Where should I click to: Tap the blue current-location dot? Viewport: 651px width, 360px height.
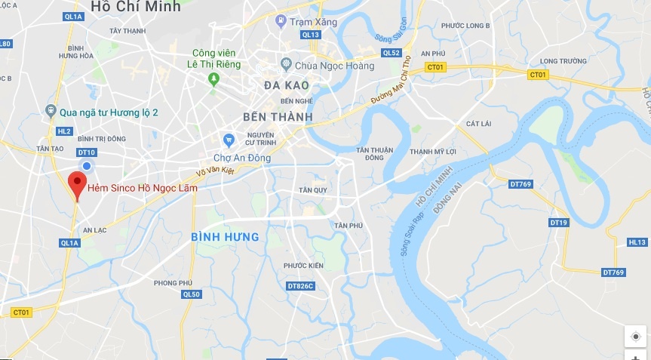(88, 165)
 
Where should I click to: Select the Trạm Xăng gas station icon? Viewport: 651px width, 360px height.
(281, 21)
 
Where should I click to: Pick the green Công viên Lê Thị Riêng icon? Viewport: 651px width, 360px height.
(214, 78)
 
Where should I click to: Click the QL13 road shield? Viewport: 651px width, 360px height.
(310, 35)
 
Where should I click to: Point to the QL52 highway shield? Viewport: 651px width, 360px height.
(392, 53)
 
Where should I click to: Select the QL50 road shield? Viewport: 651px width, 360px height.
(192, 294)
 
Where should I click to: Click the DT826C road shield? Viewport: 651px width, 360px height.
(300, 286)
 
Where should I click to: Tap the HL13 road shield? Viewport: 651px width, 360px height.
(637, 242)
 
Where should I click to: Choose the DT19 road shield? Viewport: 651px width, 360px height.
(559, 223)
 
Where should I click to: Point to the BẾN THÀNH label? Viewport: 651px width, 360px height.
(278, 117)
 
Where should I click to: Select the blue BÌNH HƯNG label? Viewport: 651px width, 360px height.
(225, 237)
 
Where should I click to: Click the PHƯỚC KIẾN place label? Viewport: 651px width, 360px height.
(303, 266)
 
